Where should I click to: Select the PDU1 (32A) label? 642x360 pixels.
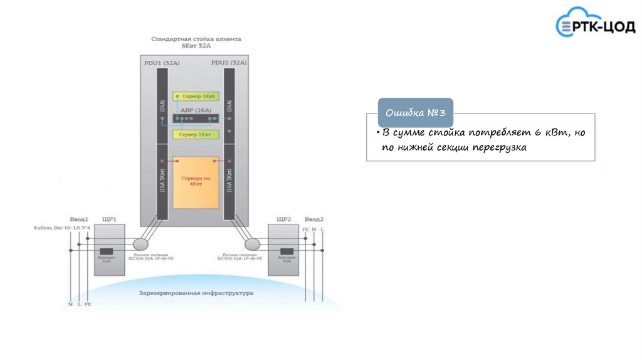coord(162,63)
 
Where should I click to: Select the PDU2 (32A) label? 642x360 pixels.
coord(229,63)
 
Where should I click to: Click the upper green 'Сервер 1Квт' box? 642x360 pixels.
coord(196,96)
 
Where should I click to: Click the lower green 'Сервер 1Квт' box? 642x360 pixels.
coord(196,134)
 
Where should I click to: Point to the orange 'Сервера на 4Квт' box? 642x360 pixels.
coord(196,182)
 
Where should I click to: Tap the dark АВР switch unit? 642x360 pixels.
coord(196,119)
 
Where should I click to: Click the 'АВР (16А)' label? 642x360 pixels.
coord(196,110)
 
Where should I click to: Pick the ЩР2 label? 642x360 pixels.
coord(283,220)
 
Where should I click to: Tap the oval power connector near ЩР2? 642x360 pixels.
coord(252,243)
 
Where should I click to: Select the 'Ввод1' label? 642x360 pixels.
coord(78,220)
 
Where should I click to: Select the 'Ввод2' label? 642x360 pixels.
coord(313,220)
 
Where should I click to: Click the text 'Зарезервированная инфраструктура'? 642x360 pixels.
coord(196,293)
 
